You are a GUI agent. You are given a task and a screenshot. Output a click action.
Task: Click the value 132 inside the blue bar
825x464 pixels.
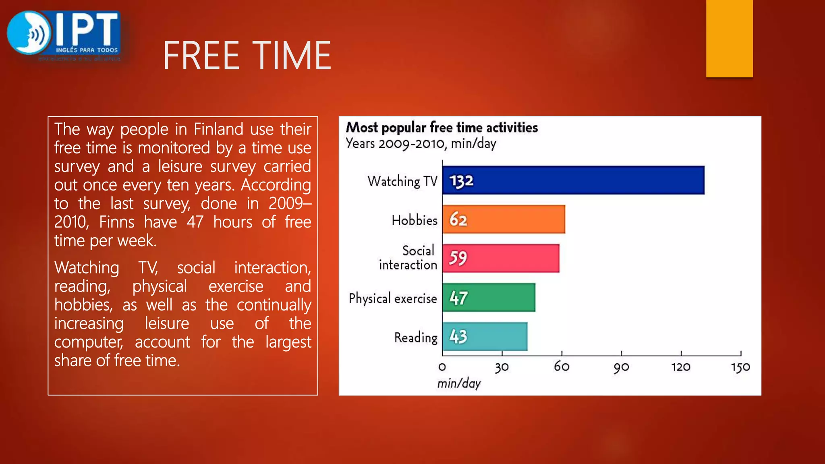pos(461,181)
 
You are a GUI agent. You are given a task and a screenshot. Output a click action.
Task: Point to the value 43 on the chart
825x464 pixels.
pos(458,337)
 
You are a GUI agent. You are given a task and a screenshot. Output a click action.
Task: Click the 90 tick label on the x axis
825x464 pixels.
pos(621,367)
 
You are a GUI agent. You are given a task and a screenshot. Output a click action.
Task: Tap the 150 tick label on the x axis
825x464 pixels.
pos(740,367)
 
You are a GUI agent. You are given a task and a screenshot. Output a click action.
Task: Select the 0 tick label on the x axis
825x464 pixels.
pos(442,367)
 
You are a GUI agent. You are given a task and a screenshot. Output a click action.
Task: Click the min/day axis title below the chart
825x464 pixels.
pos(459,383)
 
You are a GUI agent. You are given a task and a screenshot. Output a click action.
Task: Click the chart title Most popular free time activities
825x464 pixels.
pos(442,127)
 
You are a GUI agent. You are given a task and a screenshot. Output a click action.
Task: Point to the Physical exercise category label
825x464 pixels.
pos(393,298)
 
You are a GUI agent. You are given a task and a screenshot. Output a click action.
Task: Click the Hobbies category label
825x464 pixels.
pos(415,220)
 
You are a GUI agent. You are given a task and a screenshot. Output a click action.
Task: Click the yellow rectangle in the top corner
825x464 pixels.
pos(729,38)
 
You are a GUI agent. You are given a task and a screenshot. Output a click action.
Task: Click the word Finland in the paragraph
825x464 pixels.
pos(218,129)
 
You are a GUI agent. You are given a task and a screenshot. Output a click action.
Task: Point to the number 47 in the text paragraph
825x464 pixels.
pos(195,222)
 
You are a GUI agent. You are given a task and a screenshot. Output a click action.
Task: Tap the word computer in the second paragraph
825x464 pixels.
pos(88,342)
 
